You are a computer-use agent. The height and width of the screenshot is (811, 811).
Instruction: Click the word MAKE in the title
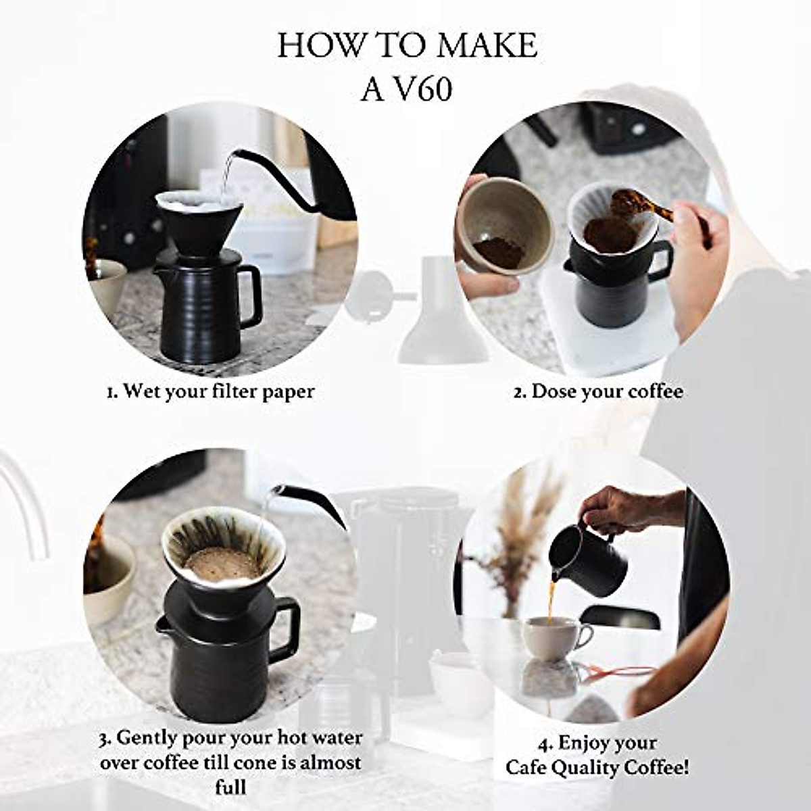tap(487, 46)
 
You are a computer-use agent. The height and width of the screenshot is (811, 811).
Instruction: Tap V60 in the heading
tap(424, 90)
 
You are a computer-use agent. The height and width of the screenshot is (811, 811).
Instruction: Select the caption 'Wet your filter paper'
tap(211, 391)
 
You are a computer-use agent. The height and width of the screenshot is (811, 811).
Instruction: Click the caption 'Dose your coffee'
tap(598, 391)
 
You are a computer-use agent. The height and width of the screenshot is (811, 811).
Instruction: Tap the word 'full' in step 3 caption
tap(230, 787)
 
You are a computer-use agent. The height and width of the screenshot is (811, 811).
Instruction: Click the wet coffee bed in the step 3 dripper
tap(222, 562)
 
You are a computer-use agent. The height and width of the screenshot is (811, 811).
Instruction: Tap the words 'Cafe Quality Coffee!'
tap(597, 768)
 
